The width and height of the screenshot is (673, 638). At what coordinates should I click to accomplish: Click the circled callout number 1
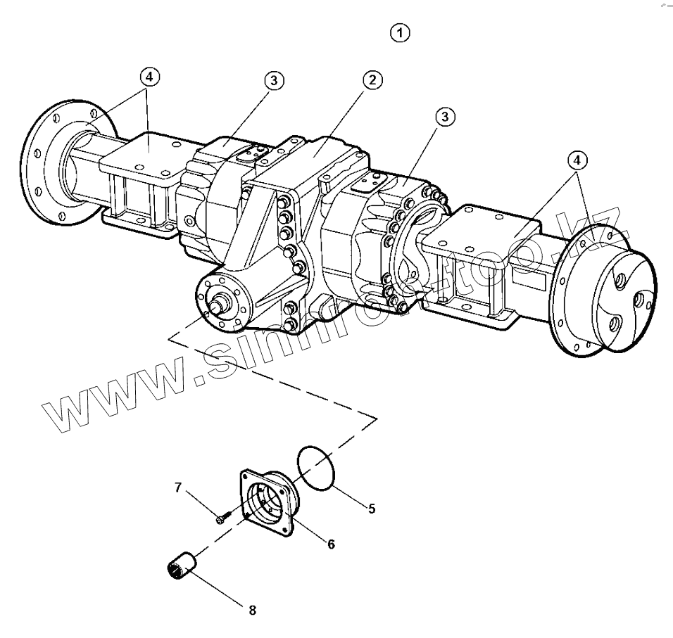(401, 32)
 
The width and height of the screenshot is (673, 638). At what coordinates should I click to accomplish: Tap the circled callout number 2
(373, 80)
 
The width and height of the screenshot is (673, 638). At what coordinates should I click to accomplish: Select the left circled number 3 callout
(274, 81)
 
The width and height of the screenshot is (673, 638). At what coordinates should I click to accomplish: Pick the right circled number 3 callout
(444, 117)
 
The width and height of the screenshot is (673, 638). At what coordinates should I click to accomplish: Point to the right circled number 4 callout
(577, 161)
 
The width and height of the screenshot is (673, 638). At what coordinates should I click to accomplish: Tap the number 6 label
(330, 544)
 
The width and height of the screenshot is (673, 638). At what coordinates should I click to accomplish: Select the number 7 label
(178, 487)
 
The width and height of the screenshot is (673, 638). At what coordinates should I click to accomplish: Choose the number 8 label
(252, 610)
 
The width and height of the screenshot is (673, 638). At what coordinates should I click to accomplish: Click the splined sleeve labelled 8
(182, 565)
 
